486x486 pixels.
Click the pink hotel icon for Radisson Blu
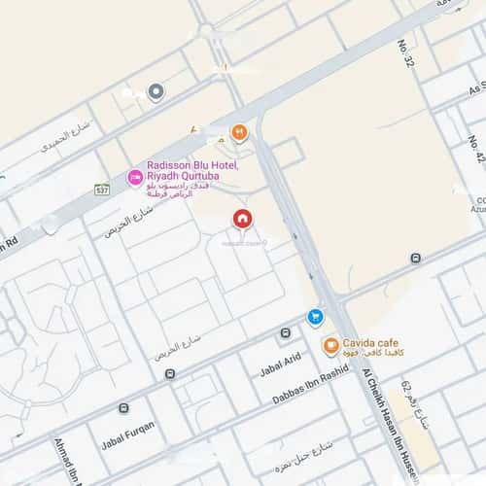pyautogui.click(x=135, y=178)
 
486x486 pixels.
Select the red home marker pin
pyautogui.click(x=242, y=219)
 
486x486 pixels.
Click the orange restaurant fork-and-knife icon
pyautogui.click(x=239, y=132)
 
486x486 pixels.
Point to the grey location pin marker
pyautogui.click(x=156, y=91)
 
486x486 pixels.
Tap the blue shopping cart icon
pyautogui.click(x=315, y=317)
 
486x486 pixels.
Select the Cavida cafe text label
pyautogui.click(x=370, y=343)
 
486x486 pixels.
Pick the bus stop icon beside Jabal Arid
pyautogui.click(x=285, y=333)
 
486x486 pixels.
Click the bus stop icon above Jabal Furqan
pyautogui.click(x=123, y=408)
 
